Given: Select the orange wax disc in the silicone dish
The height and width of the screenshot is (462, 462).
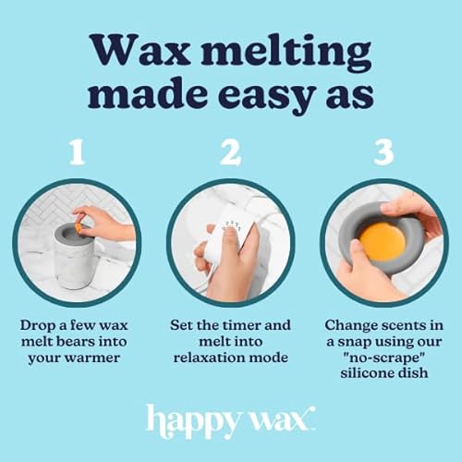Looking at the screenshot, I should (383, 240).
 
